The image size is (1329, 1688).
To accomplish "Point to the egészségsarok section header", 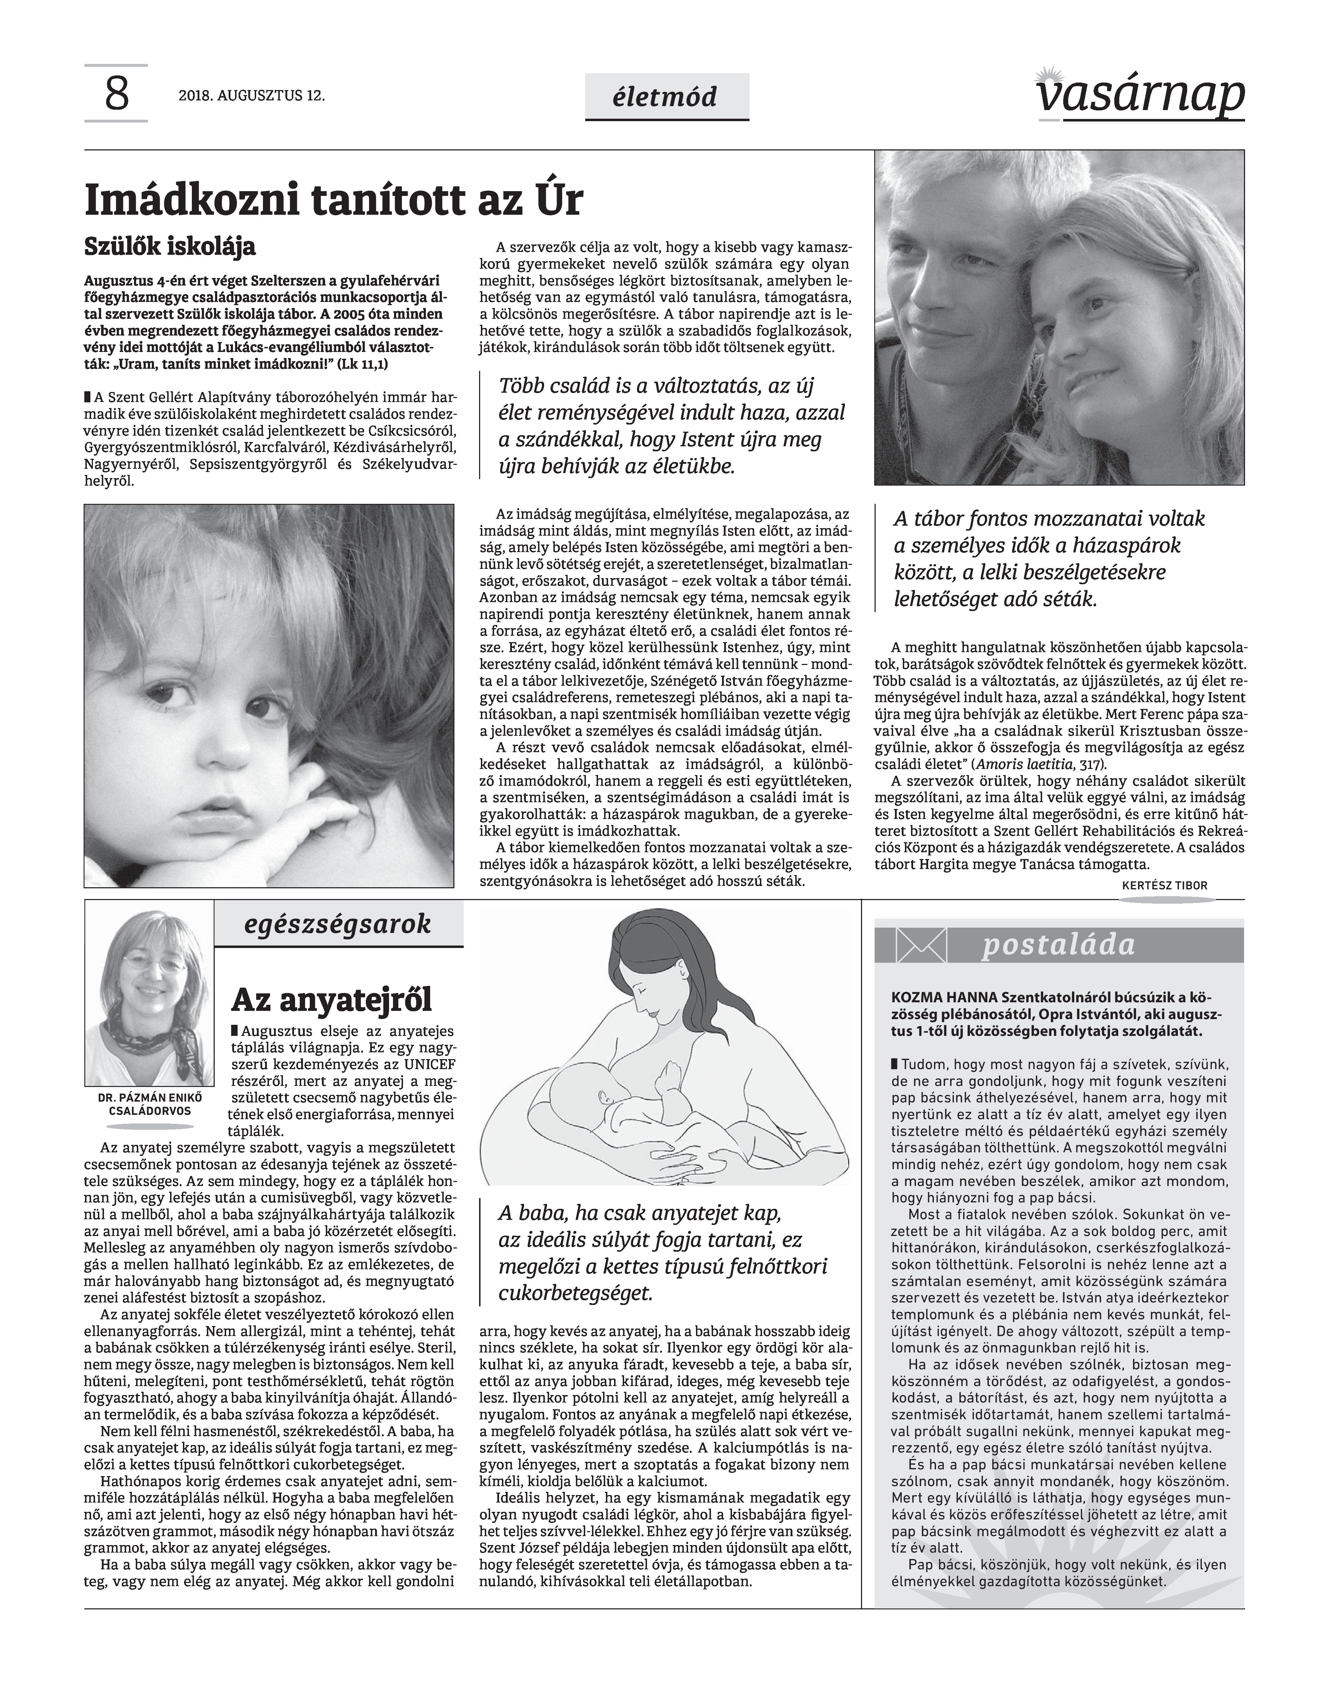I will pyautogui.click(x=338, y=924).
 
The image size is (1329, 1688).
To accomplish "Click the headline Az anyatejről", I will pyautogui.click(x=332, y=999).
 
